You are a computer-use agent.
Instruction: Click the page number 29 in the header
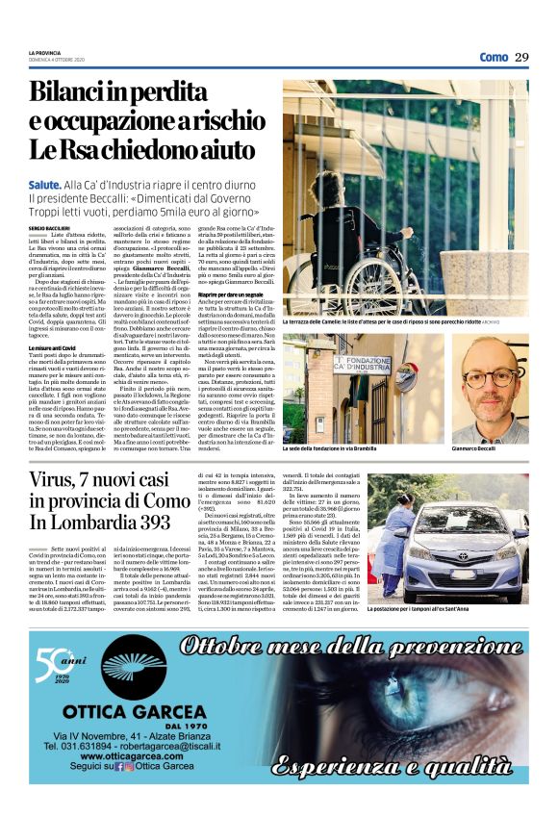coord(521,57)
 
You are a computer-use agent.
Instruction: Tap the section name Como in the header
coord(494,57)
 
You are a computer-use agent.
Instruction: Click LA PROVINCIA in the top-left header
coord(43,52)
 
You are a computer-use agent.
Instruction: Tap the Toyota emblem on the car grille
coord(482,546)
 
